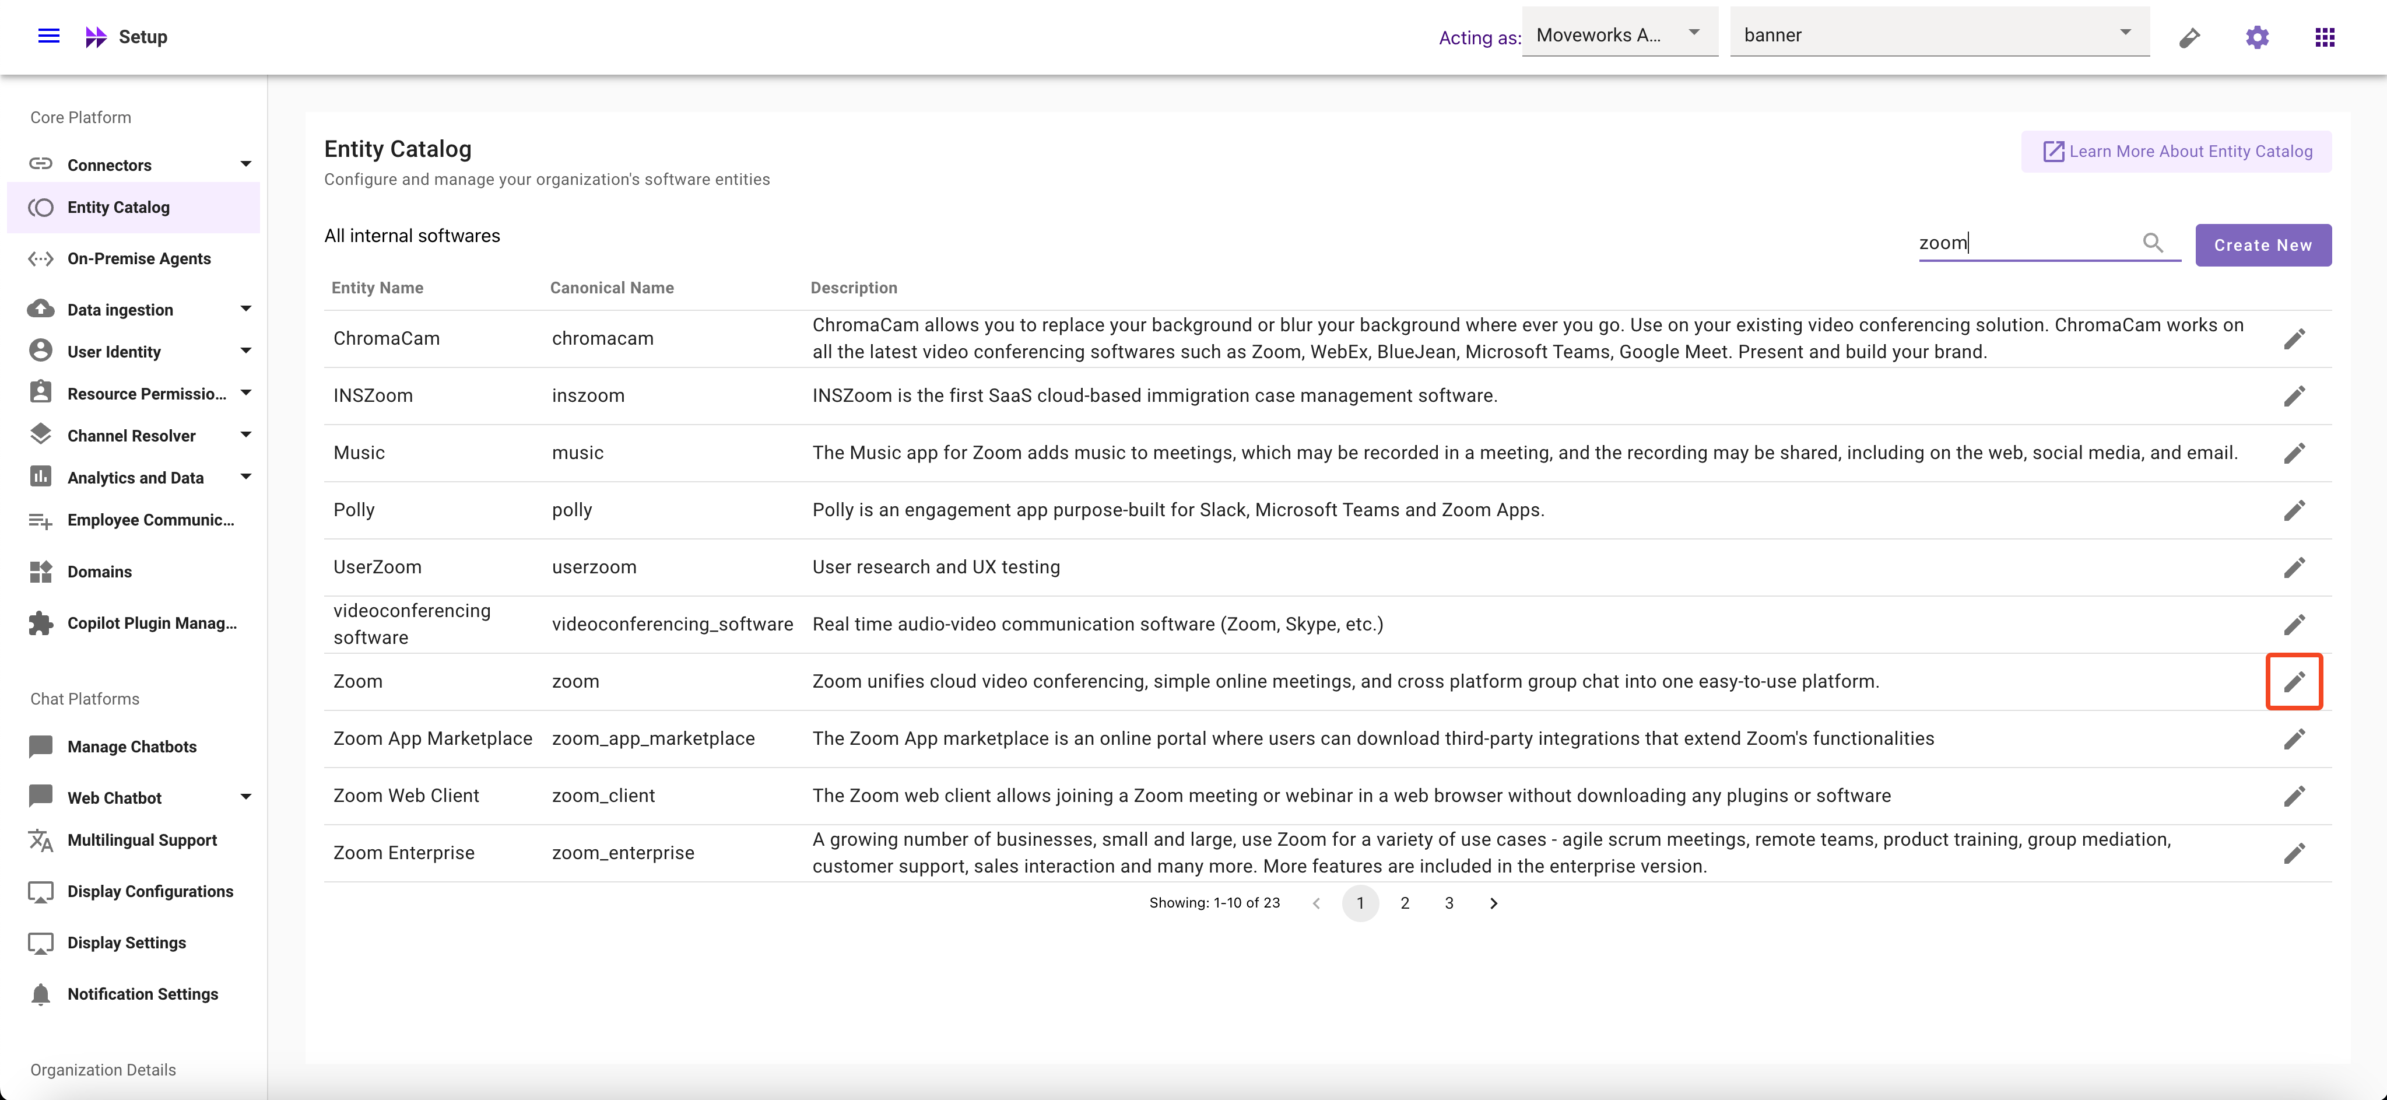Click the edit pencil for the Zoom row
[x=2293, y=682]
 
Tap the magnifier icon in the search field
[x=2153, y=243]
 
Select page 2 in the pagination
[x=1405, y=903]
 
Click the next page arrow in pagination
[x=1493, y=903]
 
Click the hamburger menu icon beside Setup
[x=48, y=36]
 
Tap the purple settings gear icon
[x=2256, y=37]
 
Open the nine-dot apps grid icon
[x=2324, y=37]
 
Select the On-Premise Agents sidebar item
[x=139, y=258]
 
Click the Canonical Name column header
[x=612, y=288]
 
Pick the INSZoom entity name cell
[x=373, y=395]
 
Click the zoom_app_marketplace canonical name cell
[x=653, y=738]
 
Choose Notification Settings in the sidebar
[x=143, y=993]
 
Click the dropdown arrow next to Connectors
[x=245, y=164]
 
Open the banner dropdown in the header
[x=1939, y=35]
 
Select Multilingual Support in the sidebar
[x=142, y=840]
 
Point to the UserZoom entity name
[x=377, y=567]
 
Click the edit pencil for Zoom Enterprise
[x=2293, y=853]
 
